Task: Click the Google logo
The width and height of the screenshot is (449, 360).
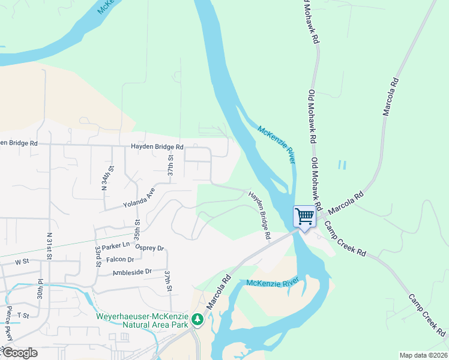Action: pos(19,353)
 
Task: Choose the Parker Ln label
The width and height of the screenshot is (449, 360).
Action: pos(116,246)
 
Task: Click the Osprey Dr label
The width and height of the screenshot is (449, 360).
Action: pos(149,248)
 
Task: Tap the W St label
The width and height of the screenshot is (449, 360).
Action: pos(22,262)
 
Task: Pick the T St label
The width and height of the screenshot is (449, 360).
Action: pos(23,315)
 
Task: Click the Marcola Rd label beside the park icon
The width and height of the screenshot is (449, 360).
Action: pos(218,292)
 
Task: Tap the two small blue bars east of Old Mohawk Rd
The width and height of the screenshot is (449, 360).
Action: pos(343,164)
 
